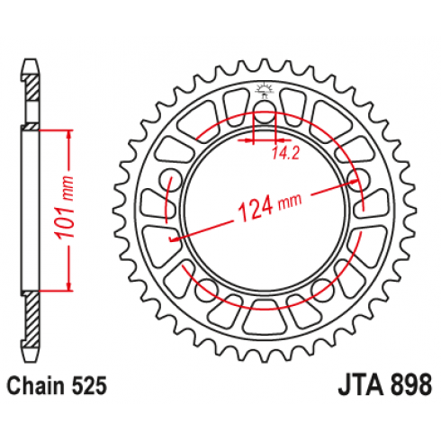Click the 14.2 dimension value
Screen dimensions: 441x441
(x=286, y=153)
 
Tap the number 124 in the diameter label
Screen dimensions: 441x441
(x=256, y=209)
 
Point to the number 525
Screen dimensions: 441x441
(x=89, y=385)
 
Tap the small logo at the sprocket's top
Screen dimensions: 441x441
(x=264, y=90)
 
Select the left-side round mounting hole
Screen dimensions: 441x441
(x=170, y=180)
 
